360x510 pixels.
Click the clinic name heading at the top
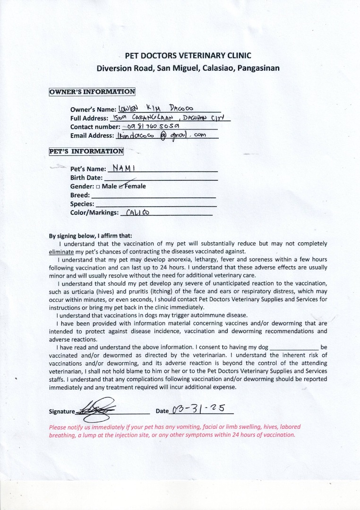point(188,56)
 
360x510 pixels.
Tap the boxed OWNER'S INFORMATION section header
point(92,92)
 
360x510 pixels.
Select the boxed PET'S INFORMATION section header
point(86,152)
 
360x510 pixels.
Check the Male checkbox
point(97,187)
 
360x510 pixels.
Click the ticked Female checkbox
point(121,187)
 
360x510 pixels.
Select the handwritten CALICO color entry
point(137,212)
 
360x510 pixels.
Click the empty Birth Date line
point(161,178)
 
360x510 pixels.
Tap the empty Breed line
point(153,195)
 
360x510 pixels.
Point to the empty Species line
point(156,204)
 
